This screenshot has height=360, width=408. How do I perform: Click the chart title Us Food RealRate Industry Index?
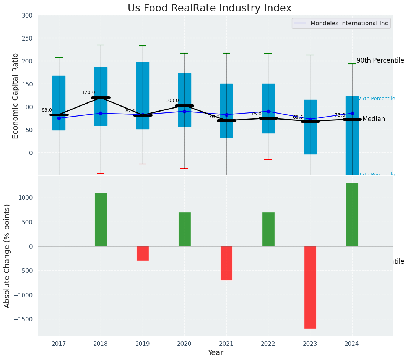(210, 8)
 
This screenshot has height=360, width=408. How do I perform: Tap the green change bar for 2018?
(101, 219)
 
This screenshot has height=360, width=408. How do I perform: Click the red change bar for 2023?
(310, 287)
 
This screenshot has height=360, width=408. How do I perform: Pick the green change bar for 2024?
(352, 214)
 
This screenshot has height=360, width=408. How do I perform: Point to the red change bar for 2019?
(143, 253)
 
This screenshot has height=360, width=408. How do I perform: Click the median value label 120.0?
(88, 92)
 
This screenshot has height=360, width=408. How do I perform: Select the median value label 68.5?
(298, 117)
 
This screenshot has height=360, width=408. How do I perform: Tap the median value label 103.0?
(172, 101)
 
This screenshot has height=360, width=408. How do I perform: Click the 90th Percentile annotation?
(380, 60)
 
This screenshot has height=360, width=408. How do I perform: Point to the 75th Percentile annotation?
(377, 99)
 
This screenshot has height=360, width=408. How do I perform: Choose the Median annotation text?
(374, 119)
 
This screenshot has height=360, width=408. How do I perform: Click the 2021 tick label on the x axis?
(226, 344)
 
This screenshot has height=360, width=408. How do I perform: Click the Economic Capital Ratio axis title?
(16, 96)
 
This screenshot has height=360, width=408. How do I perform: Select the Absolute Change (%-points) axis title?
(7, 256)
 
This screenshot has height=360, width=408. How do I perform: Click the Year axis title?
(216, 353)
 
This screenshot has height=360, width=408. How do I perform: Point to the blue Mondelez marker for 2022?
(268, 112)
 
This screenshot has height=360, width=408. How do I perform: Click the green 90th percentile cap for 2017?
(59, 58)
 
